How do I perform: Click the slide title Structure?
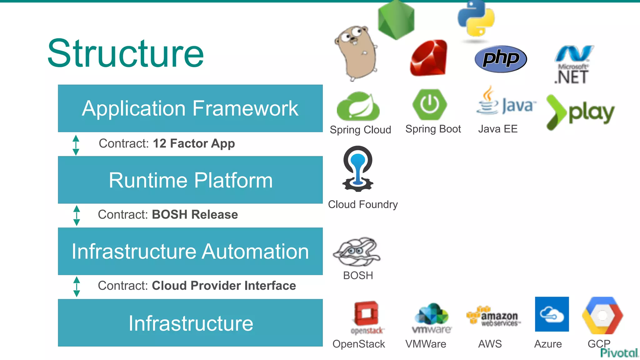(126, 53)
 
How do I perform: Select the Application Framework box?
(190, 108)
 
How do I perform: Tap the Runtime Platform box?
(190, 180)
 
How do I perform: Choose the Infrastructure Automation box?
(190, 251)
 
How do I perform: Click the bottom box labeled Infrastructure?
(190, 323)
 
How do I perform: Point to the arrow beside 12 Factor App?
(76, 145)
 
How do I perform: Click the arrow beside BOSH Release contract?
(77, 216)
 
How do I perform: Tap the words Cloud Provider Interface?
(224, 286)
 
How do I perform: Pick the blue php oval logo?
(501, 59)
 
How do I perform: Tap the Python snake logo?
(476, 19)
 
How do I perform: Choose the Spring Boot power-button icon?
(430, 104)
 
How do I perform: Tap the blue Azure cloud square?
(552, 314)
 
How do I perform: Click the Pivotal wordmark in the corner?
(619, 353)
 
